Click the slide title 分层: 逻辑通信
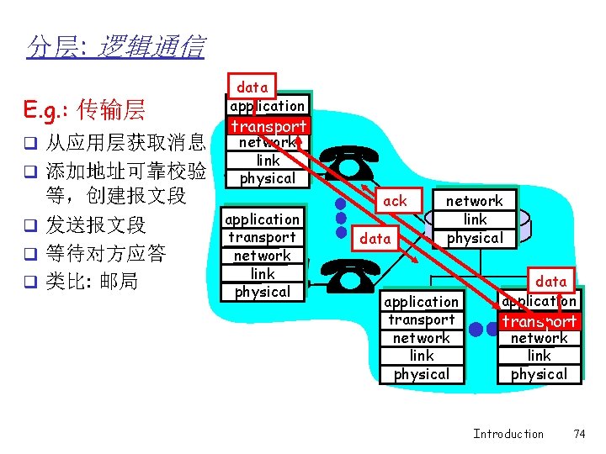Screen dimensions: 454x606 pyautogui.click(x=115, y=47)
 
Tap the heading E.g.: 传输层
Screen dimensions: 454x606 pyautogui.click(x=85, y=109)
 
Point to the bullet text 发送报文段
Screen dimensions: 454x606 pyautogui.click(x=95, y=225)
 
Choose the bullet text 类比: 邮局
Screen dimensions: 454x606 pyautogui.click(x=92, y=281)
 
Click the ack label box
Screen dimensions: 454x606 pyautogui.click(x=394, y=201)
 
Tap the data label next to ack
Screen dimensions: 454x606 pyautogui.click(x=375, y=239)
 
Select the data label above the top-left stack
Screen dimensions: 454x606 pyautogui.click(x=252, y=87)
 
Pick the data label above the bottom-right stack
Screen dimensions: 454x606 pyautogui.click(x=551, y=281)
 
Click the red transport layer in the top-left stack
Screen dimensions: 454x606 pyautogui.click(x=268, y=126)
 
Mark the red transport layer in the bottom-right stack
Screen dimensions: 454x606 pyautogui.click(x=540, y=320)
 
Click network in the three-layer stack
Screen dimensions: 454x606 pyautogui.click(x=474, y=201)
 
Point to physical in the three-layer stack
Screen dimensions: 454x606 pyautogui.click(x=474, y=238)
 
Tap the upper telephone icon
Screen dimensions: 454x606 pyautogui.click(x=348, y=166)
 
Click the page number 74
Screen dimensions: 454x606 pyautogui.click(x=578, y=434)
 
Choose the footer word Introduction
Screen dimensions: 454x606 pyautogui.click(x=508, y=434)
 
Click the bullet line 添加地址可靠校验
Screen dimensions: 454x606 pyautogui.click(x=125, y=171)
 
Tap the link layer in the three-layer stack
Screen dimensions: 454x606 pyautogui.click(x=475, y=219)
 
